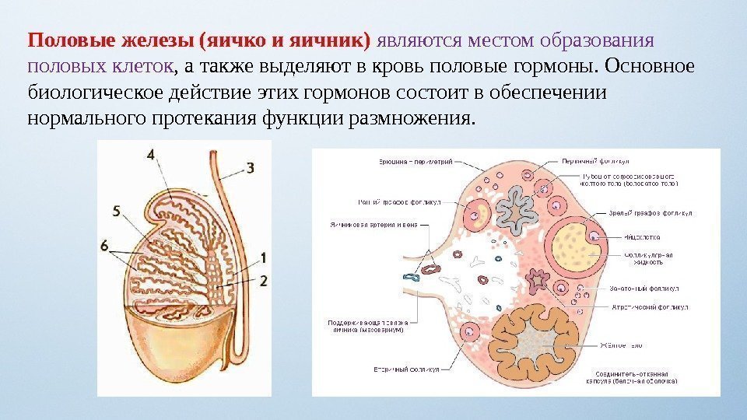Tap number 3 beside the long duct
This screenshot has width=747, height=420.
[250, 166]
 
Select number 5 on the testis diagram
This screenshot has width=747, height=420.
[116, 211]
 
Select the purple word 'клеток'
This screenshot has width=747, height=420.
[146, 64]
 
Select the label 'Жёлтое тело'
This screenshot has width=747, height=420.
[621, 343]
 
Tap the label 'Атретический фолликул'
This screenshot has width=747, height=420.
[645, 307]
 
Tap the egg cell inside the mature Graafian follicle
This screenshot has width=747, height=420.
[594, 237]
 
